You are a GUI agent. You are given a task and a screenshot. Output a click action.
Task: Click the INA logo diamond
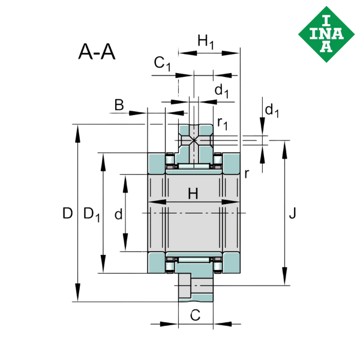(326, 34)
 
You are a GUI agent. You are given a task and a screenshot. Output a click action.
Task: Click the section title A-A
(97, 52)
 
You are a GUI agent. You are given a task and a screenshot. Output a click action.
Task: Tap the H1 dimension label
(206, 42)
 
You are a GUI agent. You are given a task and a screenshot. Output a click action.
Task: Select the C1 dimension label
(163, 64)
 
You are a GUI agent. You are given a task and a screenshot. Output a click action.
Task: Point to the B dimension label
(119, 105)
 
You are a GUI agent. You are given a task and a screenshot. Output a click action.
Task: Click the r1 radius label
(223, 123)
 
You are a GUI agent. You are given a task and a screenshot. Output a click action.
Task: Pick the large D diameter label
(67, 213)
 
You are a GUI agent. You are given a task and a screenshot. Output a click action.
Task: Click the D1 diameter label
(92, 214)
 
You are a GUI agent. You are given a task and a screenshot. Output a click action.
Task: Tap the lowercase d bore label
(118, 214)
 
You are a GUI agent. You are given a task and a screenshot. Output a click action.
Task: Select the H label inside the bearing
(193, 194)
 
